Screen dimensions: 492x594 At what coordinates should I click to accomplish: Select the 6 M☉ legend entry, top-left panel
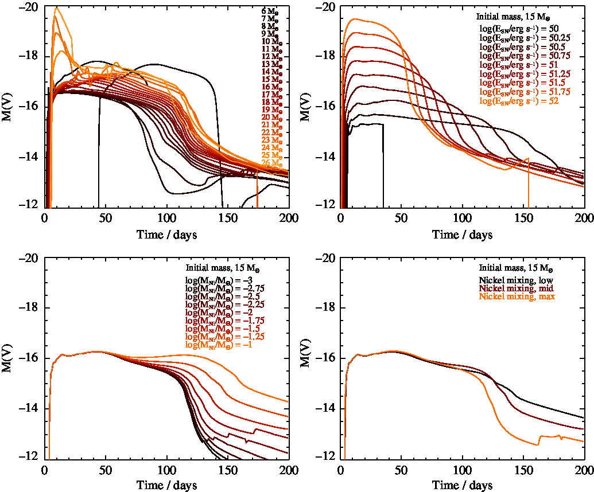click(x=270, y=11)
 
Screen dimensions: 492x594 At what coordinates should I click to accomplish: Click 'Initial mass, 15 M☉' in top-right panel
click(x=518, y=17)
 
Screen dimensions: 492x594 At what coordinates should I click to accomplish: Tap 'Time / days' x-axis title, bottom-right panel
click(x=463, y=485)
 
